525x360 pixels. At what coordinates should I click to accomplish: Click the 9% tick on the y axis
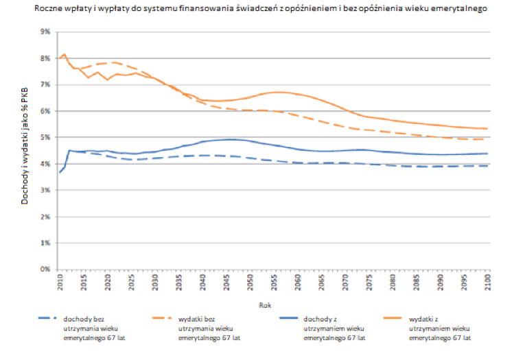[x=46, y=32]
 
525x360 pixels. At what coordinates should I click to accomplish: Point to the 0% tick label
[x=46, y=269]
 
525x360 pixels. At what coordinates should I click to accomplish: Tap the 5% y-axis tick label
[x=46, y=137]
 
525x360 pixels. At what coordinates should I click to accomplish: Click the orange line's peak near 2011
[x=64, y=54]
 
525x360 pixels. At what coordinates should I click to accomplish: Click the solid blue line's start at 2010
[x=59, y=172]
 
